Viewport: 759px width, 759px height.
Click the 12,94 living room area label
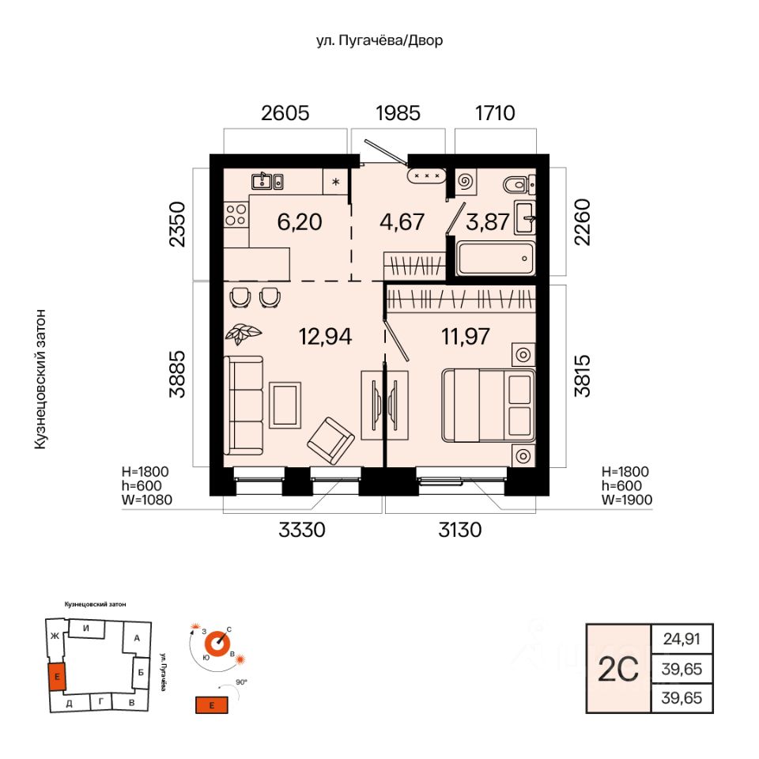tap(325, 337)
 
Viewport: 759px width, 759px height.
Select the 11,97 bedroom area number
tap(465, 337)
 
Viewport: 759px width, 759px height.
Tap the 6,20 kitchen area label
tap(300, 221)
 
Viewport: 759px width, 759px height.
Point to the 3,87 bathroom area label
tap(487, 221)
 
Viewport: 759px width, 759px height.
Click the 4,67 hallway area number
tap(402, 221)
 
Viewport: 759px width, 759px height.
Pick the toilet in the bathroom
tap(516, 184)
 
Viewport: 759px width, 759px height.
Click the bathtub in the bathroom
tap(496, 259)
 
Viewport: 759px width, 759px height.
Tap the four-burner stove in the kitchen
tap(236, 215)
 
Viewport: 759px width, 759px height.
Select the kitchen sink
tap(267, 182)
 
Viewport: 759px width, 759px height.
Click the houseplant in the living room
tap(243, 334)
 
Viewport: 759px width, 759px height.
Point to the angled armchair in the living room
tap(331, 440)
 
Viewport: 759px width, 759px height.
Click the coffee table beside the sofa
tap(285, 405)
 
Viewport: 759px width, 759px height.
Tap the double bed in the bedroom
tap(489, 405)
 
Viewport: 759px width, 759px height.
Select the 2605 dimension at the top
tap(285, 113)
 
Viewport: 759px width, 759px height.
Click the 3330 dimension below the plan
tap(301, 530)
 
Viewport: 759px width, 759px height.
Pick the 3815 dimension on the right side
tap(583, 376)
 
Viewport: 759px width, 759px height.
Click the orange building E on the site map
tap(57, 677)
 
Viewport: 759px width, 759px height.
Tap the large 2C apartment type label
tap(618, 670)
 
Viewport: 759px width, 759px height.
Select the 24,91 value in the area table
tap(682, 639)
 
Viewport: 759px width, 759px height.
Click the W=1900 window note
tap(627, 500)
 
